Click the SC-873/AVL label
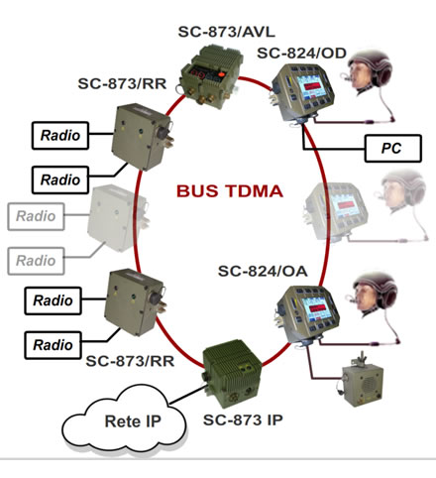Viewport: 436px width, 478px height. [x=226, y=32]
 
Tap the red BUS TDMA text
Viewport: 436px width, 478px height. [x=230, y=191]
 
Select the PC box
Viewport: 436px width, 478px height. [x=393, y=149]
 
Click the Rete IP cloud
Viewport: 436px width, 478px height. [x=125, y=417]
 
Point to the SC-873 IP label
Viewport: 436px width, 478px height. [x=243, y=420]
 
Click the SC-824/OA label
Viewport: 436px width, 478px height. [x=263, y=272]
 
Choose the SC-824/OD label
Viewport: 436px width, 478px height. [x=301, y=54]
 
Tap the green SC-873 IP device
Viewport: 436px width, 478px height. [x=232, y=373]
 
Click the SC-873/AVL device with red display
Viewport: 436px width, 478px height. [x=211, y=76]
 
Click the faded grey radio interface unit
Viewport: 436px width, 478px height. [x=117, y=217]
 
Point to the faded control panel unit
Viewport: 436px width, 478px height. [x=336, y=211]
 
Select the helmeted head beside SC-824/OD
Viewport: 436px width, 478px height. [x=369, y=71]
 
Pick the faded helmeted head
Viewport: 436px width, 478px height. [x=401, y=190]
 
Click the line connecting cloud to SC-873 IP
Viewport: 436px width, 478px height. [x=186, y=395]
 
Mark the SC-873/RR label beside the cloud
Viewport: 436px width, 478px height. [x=130, y=361]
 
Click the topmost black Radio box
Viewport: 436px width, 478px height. [x=60, y=136]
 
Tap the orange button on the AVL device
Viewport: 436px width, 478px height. [x=221, y=74]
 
